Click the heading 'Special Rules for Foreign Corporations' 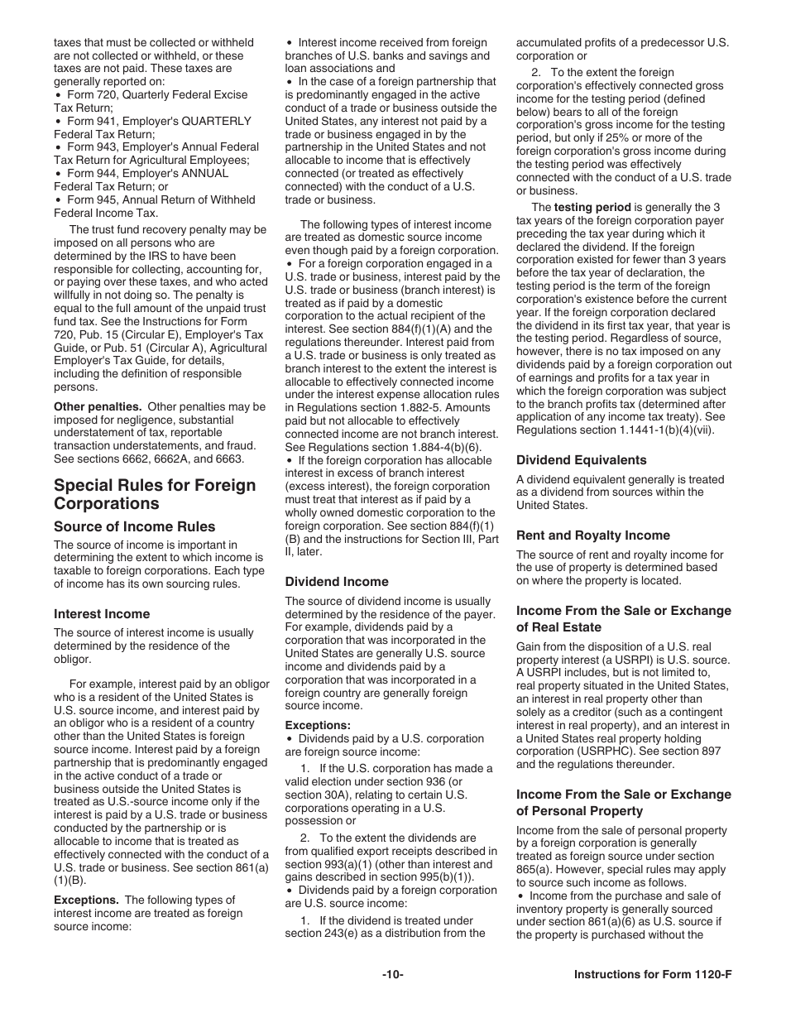(x=155, y=494)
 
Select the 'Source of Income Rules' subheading (x=134, y=526)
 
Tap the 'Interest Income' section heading (x=102, y=614)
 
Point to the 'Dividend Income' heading (x=337, y=582)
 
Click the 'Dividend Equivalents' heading (x=582, y=460)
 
